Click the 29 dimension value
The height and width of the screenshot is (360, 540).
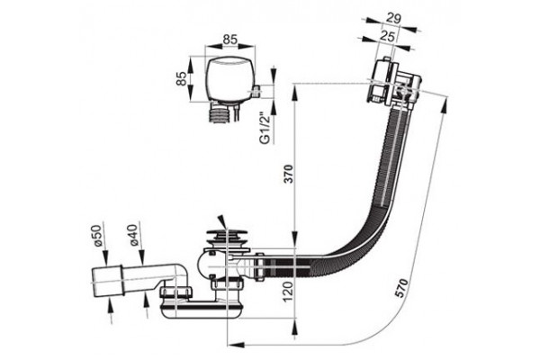[x=393, y=18]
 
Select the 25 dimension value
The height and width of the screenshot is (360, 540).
[x=387, y=36]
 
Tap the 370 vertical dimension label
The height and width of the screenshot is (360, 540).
[x=289, y=174]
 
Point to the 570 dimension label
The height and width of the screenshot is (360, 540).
[x=401, y=288]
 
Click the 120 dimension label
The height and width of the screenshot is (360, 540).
[x=288, y=292]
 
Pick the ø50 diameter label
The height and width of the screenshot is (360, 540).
[x=98, y=235]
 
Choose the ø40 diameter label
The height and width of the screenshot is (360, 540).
[x=133, y=234]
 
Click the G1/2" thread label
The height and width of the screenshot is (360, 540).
[x=265, y=128]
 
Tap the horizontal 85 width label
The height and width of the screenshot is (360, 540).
[x=230, y=40]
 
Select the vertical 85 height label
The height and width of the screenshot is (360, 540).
[x=181, y=78]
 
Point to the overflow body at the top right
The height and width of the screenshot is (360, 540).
[x=392, y=82]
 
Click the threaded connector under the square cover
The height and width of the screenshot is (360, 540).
[x=220, y=113]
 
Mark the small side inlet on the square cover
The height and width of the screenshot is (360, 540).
[x=256, y=91]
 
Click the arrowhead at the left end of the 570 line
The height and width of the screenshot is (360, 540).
[x=236, y=345]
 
